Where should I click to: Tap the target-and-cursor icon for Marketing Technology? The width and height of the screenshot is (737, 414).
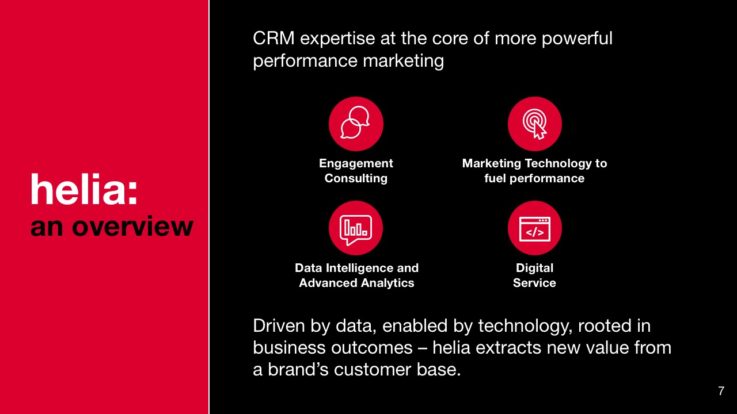[x=535, y=124]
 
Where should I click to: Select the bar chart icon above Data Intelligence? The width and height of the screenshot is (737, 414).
[x=356, y=228]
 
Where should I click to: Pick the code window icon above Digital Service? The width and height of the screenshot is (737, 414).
[x=535, y=228]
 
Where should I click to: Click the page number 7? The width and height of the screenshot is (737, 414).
[x=721, y=391]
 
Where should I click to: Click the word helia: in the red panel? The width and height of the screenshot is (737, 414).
[x=84, y=190]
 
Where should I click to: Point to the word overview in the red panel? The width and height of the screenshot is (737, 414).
[x=132, y=227]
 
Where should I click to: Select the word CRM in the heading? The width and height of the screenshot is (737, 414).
[x=273, y=39]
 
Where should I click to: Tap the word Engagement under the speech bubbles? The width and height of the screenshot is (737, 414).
[x=356, y=164]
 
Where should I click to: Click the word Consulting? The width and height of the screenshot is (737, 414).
[x=356, y=179]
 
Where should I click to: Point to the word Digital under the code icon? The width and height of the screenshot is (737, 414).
[x=535, y=269]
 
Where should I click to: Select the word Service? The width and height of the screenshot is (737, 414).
[x=535, y=283]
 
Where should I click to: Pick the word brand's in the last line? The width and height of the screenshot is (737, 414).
[x=298, y=370]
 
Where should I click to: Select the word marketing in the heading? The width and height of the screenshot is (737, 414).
[x=404, y=62]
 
